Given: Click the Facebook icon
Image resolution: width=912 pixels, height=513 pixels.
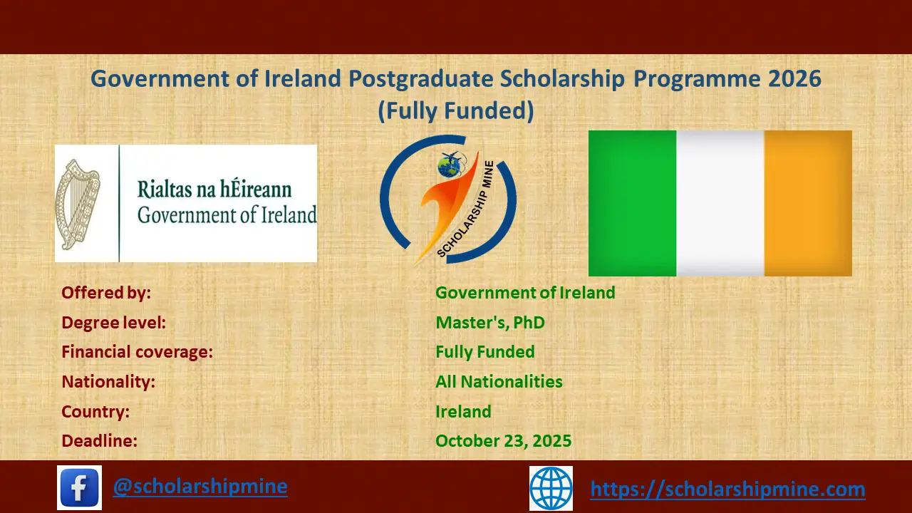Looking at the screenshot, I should tap(79, 487).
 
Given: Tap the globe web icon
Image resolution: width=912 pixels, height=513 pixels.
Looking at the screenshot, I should tap(551, 488).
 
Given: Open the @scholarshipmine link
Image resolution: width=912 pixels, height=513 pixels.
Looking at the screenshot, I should tap(200, 487).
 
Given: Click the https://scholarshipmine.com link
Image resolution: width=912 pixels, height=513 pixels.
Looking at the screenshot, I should tap(727, 489).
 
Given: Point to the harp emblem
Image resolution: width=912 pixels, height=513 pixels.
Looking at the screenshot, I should tap(78, 204).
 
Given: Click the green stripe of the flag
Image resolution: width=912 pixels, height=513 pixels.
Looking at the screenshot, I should tap(632, 203).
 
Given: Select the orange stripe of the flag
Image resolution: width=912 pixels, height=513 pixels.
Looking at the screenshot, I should tap(808, 203).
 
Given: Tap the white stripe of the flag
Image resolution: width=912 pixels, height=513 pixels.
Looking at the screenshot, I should tap(720, 203).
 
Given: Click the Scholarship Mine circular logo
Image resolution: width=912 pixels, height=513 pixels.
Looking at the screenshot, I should tap(448, 199).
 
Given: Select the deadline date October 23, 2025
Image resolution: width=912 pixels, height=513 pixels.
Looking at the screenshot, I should tap(503, 441).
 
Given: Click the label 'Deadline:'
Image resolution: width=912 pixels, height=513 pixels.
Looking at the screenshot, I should tap(99, 441).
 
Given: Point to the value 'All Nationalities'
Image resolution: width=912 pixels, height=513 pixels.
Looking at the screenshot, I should tap(499, 382).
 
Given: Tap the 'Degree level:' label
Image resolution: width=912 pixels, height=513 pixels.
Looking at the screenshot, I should tap(113, 323).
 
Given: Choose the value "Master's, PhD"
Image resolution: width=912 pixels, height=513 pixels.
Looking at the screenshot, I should tap(489, 323).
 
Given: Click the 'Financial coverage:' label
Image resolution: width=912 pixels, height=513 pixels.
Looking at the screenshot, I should tap(137, 352).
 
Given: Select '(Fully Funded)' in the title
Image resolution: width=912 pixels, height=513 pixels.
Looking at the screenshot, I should tap(455, 111).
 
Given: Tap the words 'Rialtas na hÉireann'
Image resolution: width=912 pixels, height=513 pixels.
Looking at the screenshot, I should tap(214, 190).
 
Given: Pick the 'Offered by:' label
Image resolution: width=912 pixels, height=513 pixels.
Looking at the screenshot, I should tap(106, 293).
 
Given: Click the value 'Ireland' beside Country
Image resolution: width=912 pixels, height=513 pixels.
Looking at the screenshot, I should tap(463, 412).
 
